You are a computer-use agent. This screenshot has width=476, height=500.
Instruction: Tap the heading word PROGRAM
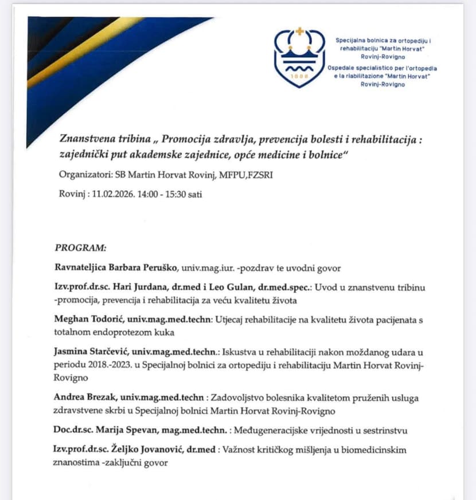(80, 248)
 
